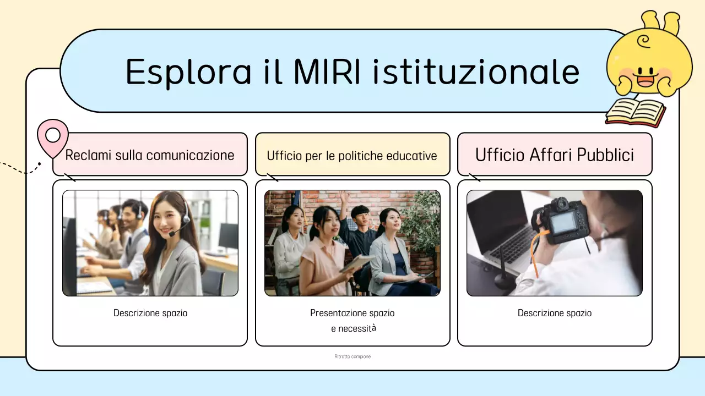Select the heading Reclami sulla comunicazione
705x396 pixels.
[x=150, y=155]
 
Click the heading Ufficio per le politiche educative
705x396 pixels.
[x=352, y=156]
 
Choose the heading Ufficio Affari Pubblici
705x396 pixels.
[x=555, y=155]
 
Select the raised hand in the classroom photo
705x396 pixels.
[x=344, y=196]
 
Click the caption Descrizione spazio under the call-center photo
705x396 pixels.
[x=150, y=313]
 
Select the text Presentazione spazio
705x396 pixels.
[x=352, y=313]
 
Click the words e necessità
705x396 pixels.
[x=353, y=328]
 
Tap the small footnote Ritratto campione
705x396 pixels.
[x=352, y=356]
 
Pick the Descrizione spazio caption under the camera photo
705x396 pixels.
[x=555, y=313]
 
